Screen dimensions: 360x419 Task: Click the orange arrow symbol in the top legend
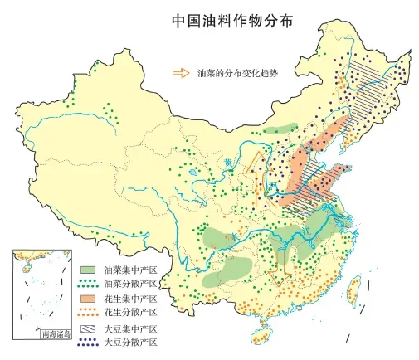pos(180,73)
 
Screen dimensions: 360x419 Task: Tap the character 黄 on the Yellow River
pos(228,163)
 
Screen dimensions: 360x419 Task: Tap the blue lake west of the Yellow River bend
pos(192,174)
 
